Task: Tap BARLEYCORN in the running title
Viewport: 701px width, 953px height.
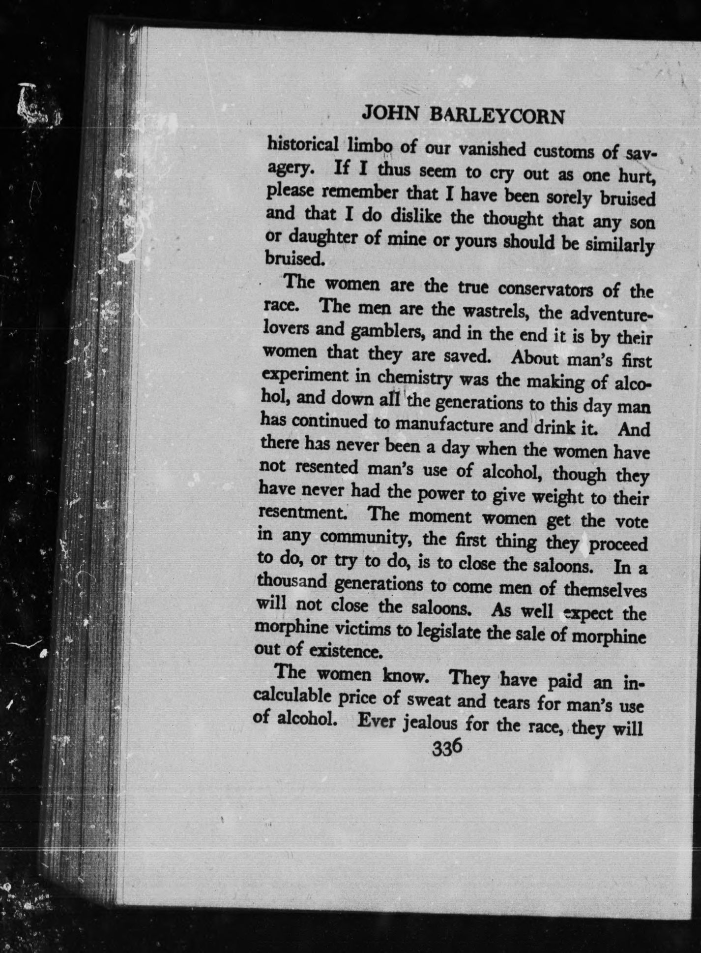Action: pos(497,117)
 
